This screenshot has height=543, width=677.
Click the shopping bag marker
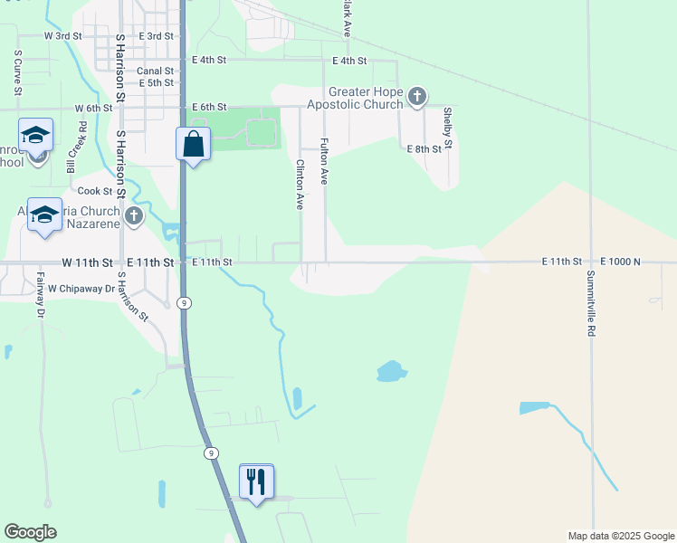click(193, 144)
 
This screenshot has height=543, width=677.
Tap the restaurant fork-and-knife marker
click(256, 481)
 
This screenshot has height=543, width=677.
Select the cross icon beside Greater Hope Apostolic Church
click(416, 97)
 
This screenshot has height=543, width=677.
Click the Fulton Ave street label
click(323, 161)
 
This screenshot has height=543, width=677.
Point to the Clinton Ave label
click(299, 185)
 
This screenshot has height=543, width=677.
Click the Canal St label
click(155, 71)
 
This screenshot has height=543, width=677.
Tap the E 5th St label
click(155, 83)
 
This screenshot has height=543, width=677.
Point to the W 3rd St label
click(62, 36)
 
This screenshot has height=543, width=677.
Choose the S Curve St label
click(17, 71)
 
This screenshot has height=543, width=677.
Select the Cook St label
click(94, 191)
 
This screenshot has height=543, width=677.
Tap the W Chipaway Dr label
click(82, 289)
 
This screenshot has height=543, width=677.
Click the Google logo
click(30, 532)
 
